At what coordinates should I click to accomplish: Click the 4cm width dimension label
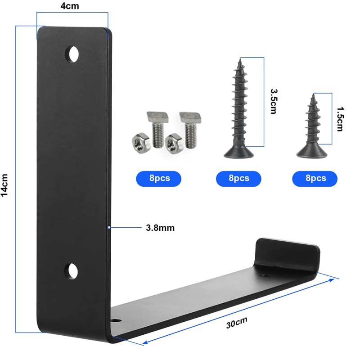point(70,6)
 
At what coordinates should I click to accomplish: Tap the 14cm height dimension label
point(4,185)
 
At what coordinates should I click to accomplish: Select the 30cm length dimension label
point(237,323)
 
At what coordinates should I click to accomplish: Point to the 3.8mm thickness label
point(160,228)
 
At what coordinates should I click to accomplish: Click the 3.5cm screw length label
point(274,102)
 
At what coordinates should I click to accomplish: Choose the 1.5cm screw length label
point(340,119)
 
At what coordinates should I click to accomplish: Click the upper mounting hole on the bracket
point(72,54)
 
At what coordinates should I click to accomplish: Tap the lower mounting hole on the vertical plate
point(71,271)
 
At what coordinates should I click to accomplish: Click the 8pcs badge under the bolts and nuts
point(159,179)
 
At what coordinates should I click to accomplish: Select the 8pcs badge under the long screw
point(238,179)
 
